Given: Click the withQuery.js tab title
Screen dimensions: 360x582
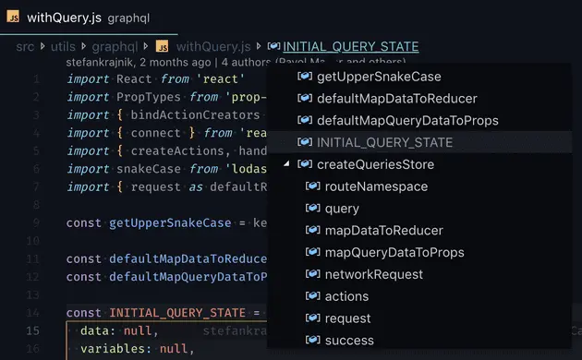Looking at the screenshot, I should [64, 18].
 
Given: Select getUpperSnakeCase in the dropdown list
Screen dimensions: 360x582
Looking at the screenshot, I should [379, 77].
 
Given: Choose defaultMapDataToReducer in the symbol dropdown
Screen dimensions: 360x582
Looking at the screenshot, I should [396, 99].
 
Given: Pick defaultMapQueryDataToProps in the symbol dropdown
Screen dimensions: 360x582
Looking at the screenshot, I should [407, 121].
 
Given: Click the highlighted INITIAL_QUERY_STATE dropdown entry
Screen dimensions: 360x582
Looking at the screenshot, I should [384, 143].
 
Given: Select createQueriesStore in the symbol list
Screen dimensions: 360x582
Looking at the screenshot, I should [375, 164].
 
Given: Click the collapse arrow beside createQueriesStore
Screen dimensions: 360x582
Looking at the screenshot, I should [287, 164].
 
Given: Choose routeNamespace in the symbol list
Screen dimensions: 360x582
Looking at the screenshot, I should [376, 186].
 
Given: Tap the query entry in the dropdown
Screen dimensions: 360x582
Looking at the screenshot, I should [342, 209].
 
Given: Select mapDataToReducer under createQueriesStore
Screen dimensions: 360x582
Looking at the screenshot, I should [383, 231].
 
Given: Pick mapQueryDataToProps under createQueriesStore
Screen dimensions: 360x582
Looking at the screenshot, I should [394, 252].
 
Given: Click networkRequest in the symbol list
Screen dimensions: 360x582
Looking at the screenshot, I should [374, 274].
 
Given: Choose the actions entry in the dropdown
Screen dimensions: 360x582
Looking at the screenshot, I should [346, 296].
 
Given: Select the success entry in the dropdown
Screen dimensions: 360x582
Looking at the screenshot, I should [349, 341].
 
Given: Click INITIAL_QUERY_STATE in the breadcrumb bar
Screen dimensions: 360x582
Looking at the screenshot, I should [350, 46].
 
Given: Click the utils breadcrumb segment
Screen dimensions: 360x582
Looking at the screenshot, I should [64, 46].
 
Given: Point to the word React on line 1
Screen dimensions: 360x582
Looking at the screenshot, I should [135, 78].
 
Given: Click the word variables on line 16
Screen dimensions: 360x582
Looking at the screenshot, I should [112, 349].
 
